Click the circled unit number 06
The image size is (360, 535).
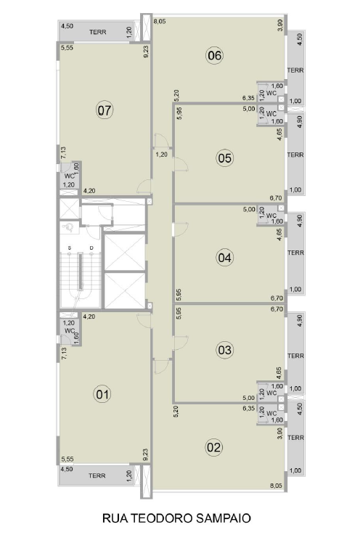215,55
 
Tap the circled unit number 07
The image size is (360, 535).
105,110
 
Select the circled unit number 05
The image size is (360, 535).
224,158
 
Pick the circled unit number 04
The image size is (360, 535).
224,258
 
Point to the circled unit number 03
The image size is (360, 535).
224,350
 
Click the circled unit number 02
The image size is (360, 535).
214,447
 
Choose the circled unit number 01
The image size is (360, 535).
102,394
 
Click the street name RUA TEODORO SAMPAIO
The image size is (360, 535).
177,518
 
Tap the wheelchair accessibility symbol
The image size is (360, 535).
68,226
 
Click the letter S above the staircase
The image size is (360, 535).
69,248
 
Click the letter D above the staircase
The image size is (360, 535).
91,248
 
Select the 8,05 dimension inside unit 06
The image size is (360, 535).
160,21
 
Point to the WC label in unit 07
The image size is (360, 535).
69,176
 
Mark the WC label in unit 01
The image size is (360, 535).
69,330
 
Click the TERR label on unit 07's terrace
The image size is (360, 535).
98,32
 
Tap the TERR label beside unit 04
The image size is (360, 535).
295,253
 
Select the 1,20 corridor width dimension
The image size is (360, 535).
161,155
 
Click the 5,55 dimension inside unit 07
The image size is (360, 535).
67,48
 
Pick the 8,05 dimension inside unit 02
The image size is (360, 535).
277,486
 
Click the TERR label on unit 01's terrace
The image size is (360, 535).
97,475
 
